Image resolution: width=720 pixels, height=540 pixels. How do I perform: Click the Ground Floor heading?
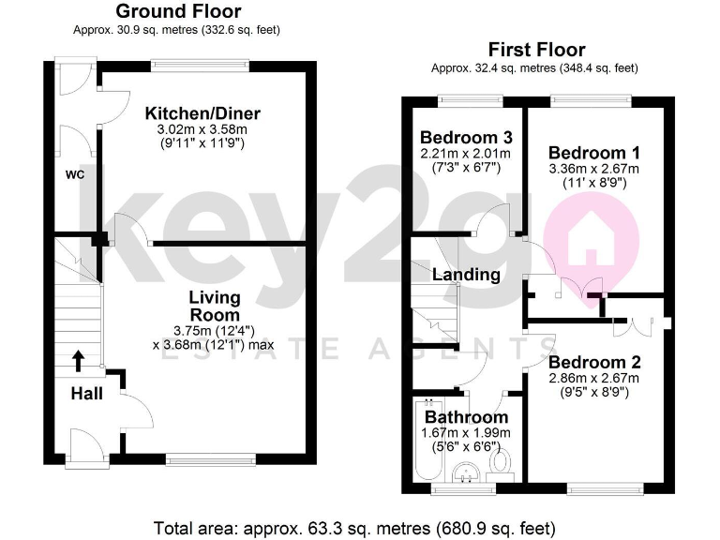click(177, 12)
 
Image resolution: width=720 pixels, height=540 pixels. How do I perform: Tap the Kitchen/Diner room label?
click(202, 113)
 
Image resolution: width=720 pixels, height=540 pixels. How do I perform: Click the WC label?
click(75, 173)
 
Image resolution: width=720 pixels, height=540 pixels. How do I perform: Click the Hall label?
click(87, 394)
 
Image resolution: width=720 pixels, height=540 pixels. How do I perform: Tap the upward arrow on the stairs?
click(78, 359)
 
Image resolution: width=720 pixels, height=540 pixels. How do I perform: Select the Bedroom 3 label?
click(465, 137)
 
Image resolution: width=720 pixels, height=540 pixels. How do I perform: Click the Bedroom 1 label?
click(586, 153)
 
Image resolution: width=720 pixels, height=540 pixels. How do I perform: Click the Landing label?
click(466, 275)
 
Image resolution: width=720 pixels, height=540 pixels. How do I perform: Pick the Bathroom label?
click(466, 416)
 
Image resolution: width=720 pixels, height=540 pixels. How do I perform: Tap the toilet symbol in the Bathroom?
click(503, 465)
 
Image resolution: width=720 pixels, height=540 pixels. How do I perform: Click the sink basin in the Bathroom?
click(463, 473)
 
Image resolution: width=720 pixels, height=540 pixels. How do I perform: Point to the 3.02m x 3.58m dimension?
click(202, 129)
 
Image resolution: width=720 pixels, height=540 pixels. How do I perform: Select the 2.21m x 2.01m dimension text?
click(465, 153)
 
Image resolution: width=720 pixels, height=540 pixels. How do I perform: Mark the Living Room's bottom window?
click(211, 460)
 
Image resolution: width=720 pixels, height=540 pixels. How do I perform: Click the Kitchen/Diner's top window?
click(202, 66)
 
